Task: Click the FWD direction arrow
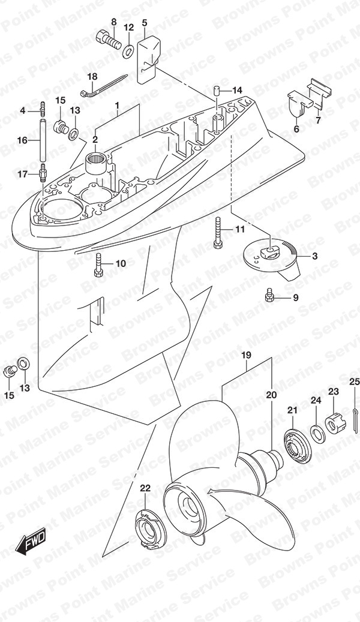tap(31, 541)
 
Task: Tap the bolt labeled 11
tap(217, 233)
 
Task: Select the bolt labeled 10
tap(99, 264)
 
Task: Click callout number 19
tap(246, 355)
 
